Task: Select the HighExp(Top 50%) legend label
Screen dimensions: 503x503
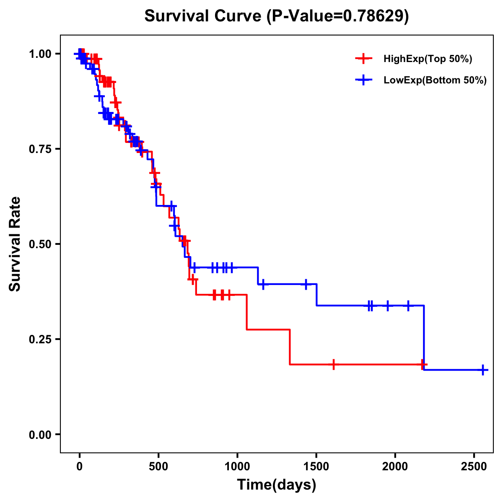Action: coord(428,59)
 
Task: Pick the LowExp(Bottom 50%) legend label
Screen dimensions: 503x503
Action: coord(435,80)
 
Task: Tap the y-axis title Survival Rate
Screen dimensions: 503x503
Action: coord(15,244)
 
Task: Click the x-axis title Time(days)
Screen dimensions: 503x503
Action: coord(276,485)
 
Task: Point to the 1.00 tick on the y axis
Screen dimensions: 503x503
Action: coord(41,54)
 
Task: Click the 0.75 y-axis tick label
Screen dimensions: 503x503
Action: coord(41,149)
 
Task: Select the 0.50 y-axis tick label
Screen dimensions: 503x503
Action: coord(41,244)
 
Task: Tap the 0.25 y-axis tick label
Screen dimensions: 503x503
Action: coord(41,340)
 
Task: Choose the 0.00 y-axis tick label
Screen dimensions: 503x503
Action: coord(41,435)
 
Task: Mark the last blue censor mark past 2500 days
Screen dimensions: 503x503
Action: coord(483,370)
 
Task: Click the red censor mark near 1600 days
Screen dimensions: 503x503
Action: coord(333,365)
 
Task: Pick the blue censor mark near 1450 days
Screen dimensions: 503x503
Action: coord(306,284)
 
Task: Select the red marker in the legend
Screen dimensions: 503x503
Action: coord(363,59)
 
